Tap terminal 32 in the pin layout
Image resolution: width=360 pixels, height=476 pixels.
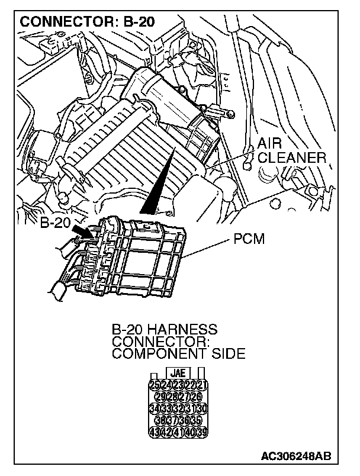point(178,408)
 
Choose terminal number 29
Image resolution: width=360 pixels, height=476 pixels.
point(160,397)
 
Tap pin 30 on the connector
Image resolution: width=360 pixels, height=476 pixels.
point(201,408)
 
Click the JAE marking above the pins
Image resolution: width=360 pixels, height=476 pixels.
point(178,374)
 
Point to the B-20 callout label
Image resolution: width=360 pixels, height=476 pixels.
point(55,224)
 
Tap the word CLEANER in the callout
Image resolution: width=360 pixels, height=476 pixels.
point(292,158)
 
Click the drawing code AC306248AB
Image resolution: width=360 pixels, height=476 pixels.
point(295,456)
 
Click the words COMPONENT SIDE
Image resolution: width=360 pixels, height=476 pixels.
point(178,353)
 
